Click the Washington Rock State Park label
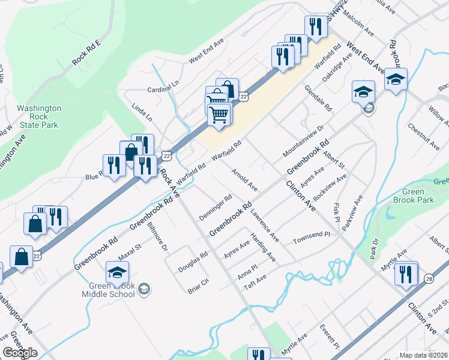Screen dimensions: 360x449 (38, 116)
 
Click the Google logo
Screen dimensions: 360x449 (20, 353)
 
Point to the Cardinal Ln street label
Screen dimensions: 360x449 (163, 89)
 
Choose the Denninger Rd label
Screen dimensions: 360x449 (215, 205)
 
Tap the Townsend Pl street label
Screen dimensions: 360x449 (312, 238)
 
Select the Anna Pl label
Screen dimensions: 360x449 (247, 271)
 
